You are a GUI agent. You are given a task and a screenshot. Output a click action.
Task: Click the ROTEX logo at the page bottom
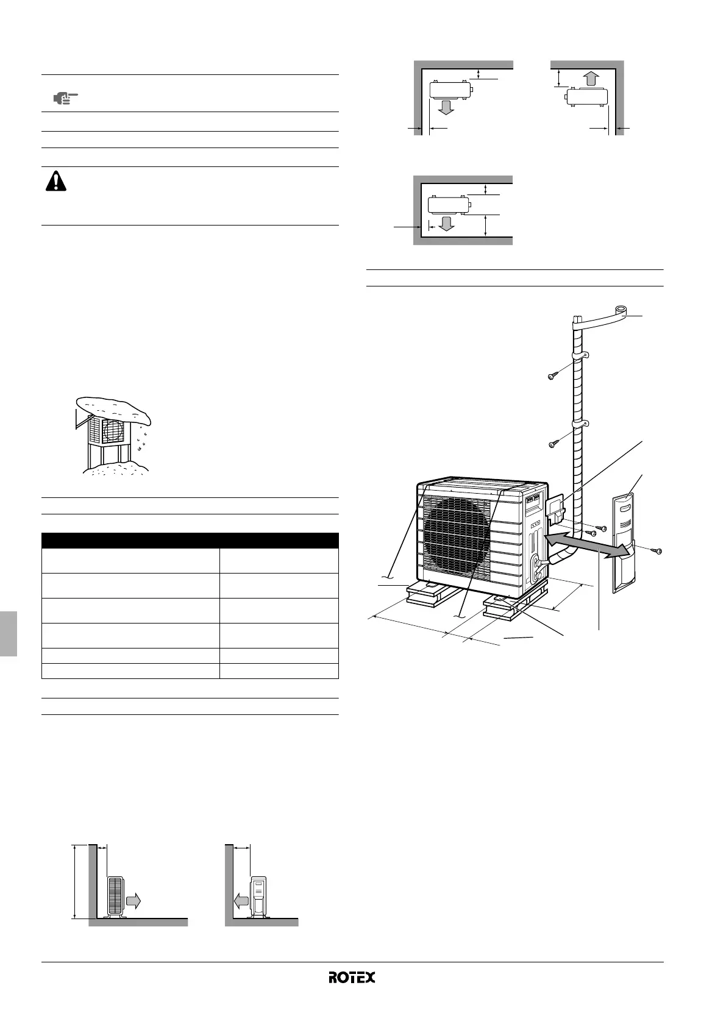[x=352, y=978]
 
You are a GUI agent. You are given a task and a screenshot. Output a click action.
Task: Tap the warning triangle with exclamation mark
[x=56, y=181]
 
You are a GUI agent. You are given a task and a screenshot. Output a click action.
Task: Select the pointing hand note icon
[x=66, y=98]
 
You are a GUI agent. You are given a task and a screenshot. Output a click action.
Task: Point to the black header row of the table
[x=190, y=540]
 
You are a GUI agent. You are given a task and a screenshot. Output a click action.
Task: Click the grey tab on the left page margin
[x=8, y=634]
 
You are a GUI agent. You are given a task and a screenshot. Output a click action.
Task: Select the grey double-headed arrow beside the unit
[x=585, y=543]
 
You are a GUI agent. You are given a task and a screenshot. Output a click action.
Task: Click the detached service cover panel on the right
[x=623, y=542]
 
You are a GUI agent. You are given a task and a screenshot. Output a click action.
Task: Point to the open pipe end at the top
[x=621, y=310]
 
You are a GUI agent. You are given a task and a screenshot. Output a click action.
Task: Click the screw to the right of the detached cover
[x=657, y=550]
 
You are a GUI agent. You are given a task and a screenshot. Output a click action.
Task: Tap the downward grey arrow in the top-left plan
[x=446, y=108]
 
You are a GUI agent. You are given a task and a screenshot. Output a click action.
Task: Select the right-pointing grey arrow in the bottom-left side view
[x=133, y=901]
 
